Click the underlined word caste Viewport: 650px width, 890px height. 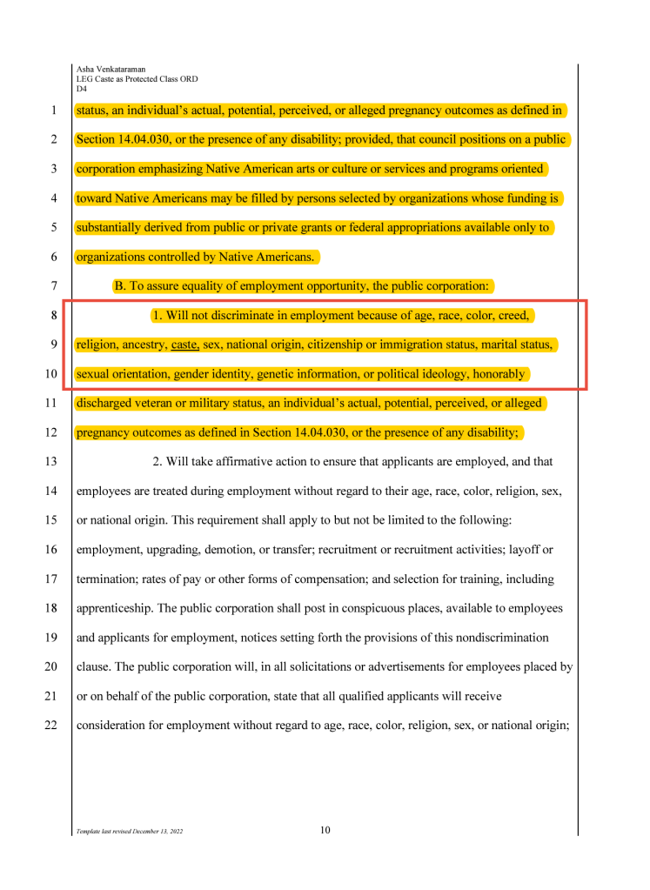(184, 345)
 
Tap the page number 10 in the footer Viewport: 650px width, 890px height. (325, 830)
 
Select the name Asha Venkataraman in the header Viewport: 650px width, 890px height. (111, 69)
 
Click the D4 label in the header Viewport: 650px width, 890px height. (82, 88)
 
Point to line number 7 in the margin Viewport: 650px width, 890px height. (54, 286)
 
